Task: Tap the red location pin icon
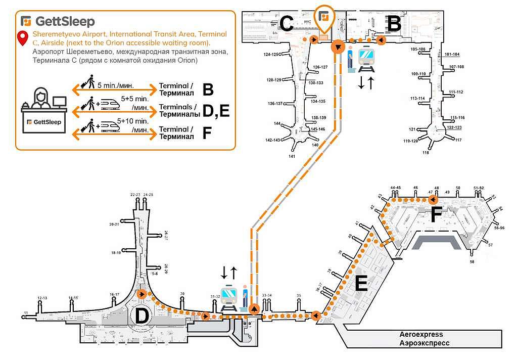click(x=22, y=38)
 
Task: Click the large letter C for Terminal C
click(x=287, y=24)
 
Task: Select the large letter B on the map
click(x=394, y=23)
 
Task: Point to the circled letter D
click(x=142, y=317)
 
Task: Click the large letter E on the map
click(x=360, y=284)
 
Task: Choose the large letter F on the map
click(x=436, y=215)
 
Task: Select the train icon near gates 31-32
click(x=229, y=296)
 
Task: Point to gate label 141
click(x=292, y=156)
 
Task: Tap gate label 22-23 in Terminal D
click(x=135, y=194)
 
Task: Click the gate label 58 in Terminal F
click(x=472, y=262)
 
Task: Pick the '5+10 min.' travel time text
click(x=133, y=121)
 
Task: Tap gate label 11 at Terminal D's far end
click(x=26, y=313)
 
